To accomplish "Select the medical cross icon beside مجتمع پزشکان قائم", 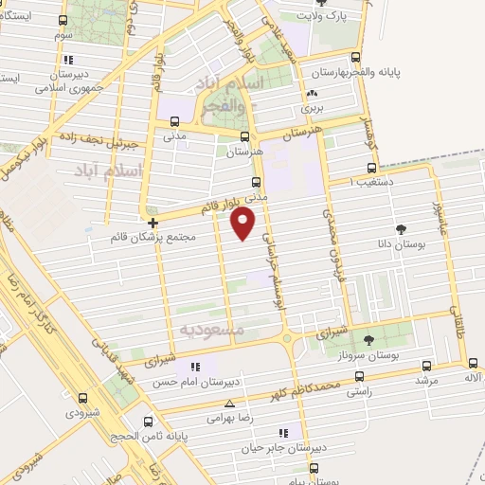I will tap(153, 223).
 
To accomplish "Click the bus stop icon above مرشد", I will tap(426, 365).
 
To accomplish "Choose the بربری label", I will tap(312, 109).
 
